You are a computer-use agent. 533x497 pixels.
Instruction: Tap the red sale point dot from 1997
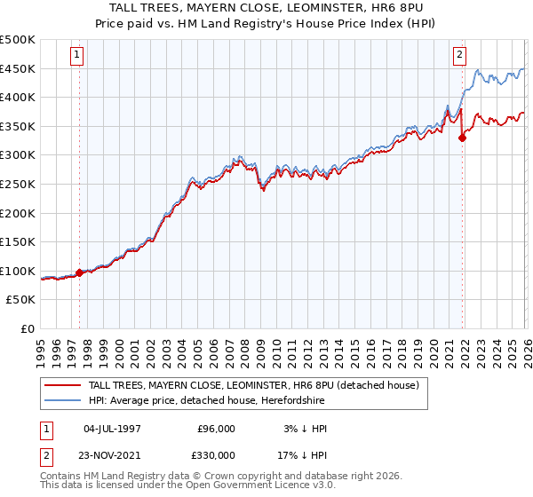(x=80, y=273)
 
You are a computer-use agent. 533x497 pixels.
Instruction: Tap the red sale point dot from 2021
(x=463, y=138)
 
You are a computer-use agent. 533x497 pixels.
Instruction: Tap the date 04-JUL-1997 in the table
(x=112, y=429)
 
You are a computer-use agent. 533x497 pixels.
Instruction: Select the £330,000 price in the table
(x=216, y=455)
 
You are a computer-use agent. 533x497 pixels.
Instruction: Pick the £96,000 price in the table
(x=216, y=429)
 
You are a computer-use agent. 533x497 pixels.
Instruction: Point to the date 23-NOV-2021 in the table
(x=112, y=455)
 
